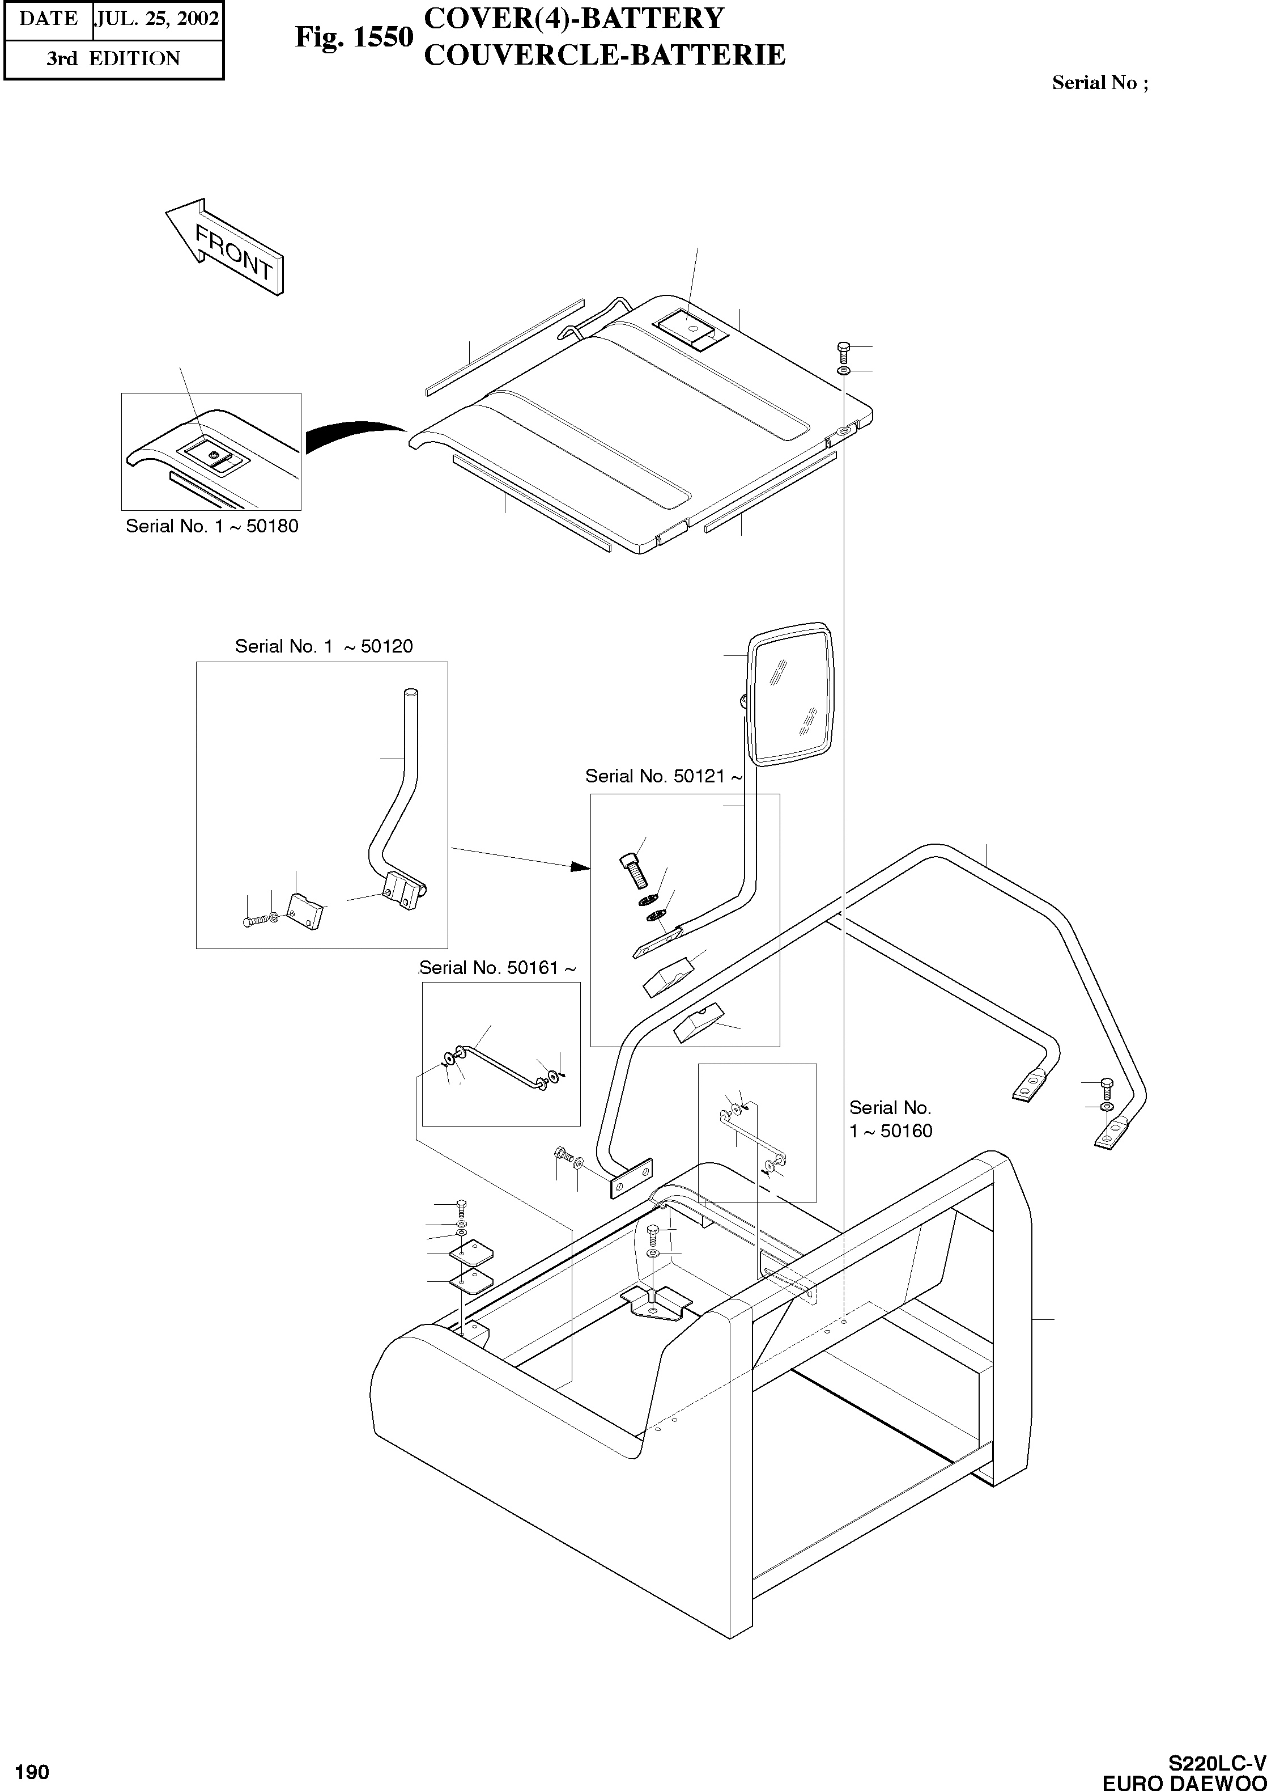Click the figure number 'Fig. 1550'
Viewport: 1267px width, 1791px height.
(354, 37)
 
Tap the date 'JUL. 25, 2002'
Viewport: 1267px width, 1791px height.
(157, 19)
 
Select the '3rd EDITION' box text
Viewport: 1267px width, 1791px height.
(113, 58)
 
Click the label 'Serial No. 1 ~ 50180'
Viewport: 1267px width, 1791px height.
(212, 526)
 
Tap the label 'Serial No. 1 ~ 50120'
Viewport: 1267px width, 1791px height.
(324, 646)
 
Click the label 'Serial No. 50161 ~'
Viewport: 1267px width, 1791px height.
(498, 968)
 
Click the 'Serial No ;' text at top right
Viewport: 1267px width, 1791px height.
(1099, 83)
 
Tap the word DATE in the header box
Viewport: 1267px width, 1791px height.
(48, 19)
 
